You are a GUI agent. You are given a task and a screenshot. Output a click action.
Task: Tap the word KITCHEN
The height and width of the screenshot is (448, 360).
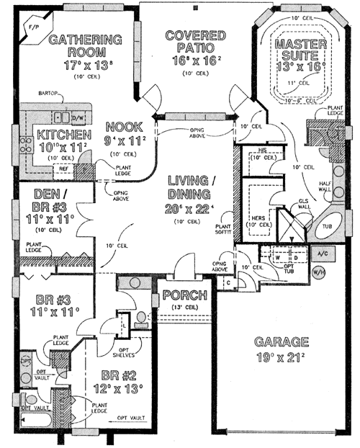coord(64,135)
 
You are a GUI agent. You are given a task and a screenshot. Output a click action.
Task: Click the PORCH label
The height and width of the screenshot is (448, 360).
coord(185,295)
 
